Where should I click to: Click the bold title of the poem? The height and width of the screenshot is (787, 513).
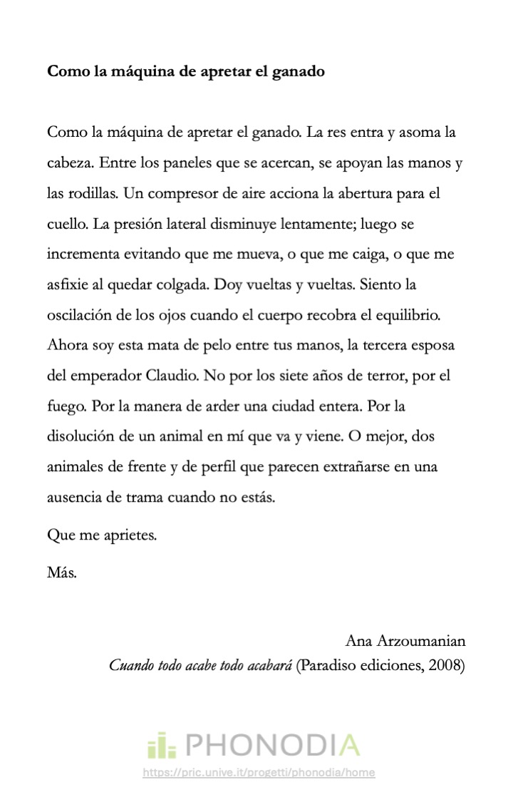[186, 72]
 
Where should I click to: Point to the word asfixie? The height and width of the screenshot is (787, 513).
[69, 284]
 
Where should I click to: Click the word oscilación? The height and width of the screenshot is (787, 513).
[79, 315]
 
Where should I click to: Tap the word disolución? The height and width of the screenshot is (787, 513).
[80, 436]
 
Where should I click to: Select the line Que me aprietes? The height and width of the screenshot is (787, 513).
[101, 535]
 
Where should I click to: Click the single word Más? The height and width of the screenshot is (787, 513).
[61, 572]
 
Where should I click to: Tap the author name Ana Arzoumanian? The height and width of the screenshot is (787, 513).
[405, 639]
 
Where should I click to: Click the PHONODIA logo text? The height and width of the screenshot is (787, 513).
[273, 745]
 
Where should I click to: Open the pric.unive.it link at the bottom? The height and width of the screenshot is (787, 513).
[258, 773]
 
